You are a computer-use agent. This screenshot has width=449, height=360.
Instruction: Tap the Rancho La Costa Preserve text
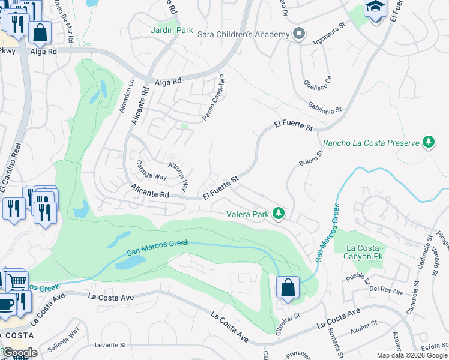tap(372, 143)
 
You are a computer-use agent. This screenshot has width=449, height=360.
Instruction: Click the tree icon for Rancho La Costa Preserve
tap(429, 142)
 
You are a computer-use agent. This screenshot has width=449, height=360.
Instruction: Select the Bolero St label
tap(311, 159)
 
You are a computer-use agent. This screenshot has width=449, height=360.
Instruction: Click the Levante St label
tap(111, 345)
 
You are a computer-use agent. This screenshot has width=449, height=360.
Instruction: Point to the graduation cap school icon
tap(375, 8)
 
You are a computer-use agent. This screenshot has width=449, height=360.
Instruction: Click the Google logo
tap(20, 353)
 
